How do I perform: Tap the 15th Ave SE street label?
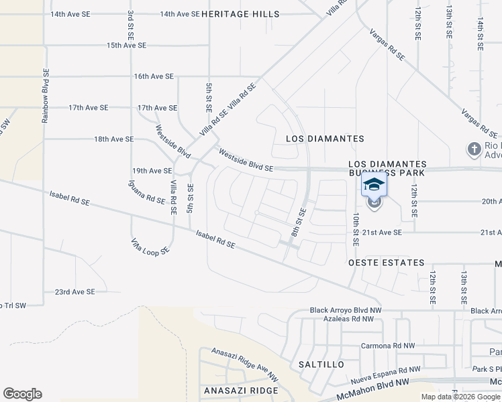(126, 45)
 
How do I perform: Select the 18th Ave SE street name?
(114, 139)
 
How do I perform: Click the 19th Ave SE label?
(152, 171)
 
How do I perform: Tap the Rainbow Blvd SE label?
(46, 95)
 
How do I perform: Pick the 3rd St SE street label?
(130, 27)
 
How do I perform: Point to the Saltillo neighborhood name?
(321, 364)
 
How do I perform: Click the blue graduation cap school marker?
(374, 184)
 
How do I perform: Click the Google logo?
(23, 394)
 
